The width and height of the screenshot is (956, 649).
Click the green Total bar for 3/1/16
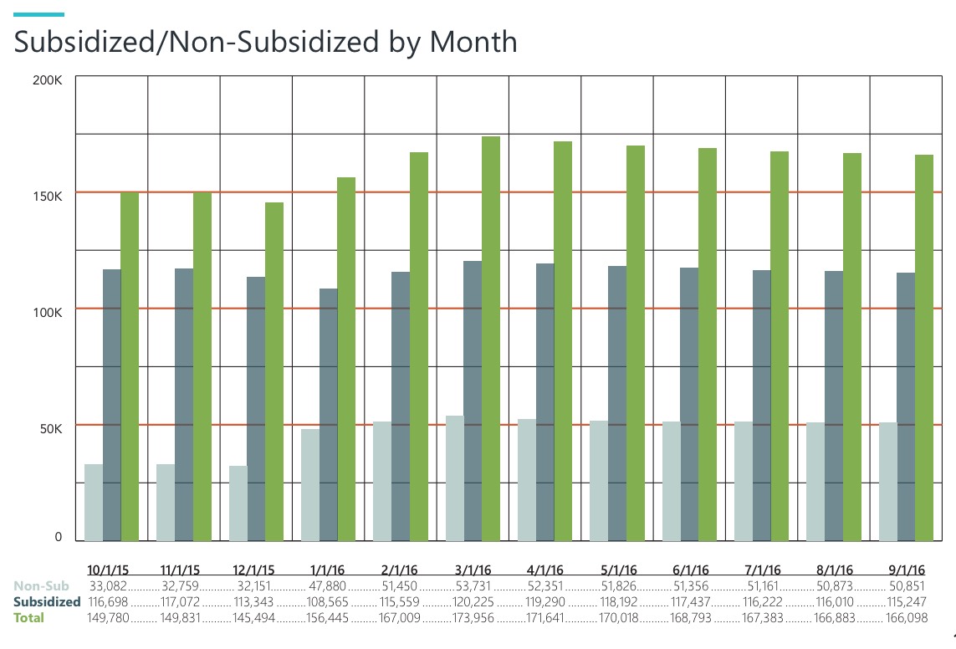pos(491,339)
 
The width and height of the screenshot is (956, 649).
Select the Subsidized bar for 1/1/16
pos(328,415)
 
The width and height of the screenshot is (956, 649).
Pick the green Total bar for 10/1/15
pos(130,366)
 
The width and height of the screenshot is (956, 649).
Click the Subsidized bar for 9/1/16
pos(906,406)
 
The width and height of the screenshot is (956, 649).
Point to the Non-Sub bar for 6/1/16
pos(671,481)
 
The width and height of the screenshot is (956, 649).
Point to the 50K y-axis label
pos(49,429)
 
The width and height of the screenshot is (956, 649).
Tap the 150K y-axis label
pos(47,197)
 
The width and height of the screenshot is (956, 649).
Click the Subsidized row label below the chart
pos(47,601)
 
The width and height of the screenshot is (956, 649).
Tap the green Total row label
pos(29,617)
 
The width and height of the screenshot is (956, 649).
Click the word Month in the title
pos(473,41)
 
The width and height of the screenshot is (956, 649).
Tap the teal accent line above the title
pos(39,15)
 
